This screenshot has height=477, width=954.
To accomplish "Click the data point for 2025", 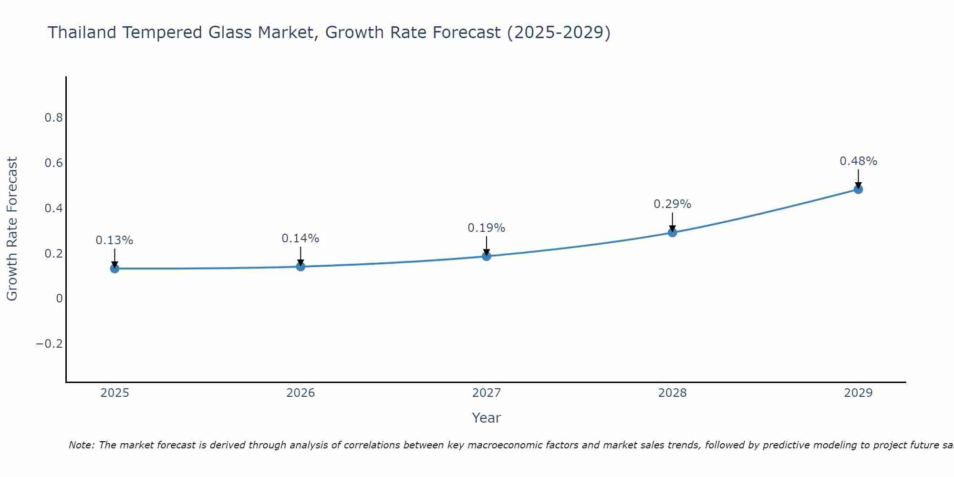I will click(x=114, y=269).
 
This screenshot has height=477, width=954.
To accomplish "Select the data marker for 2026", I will click(x=301, y=266).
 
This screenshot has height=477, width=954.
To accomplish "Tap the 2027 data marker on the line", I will click(x=487, y=256).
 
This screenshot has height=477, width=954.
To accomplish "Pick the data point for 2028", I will click(x=672, y=232).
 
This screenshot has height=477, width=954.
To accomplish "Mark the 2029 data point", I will click(x=858, y=189).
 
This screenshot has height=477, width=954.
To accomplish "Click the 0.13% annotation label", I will click(x=114, y=240).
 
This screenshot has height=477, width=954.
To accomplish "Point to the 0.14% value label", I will click(x=301, y=238).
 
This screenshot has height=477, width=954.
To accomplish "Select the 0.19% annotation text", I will click(x=487, y=228).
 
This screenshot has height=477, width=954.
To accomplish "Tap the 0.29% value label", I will click(x=672, y=204).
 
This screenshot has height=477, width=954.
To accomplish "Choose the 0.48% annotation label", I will click(x=858, y=161).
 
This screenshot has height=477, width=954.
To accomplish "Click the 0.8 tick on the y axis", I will click(x=54, y=118).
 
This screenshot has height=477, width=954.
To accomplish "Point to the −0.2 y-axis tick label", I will click(x=50, y=344).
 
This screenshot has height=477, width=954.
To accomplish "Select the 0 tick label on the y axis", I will click(x=59, y=299).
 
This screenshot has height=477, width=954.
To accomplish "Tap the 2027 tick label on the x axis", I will click(x=487, y=393).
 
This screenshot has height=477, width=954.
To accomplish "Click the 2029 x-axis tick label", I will click(x=858, y=393).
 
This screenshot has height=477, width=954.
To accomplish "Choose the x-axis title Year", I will click(x=487, y=418).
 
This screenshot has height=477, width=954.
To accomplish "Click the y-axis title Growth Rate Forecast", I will click(x=12, y=229).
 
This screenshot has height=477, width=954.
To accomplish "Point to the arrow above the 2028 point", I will click(x=672, y=222).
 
